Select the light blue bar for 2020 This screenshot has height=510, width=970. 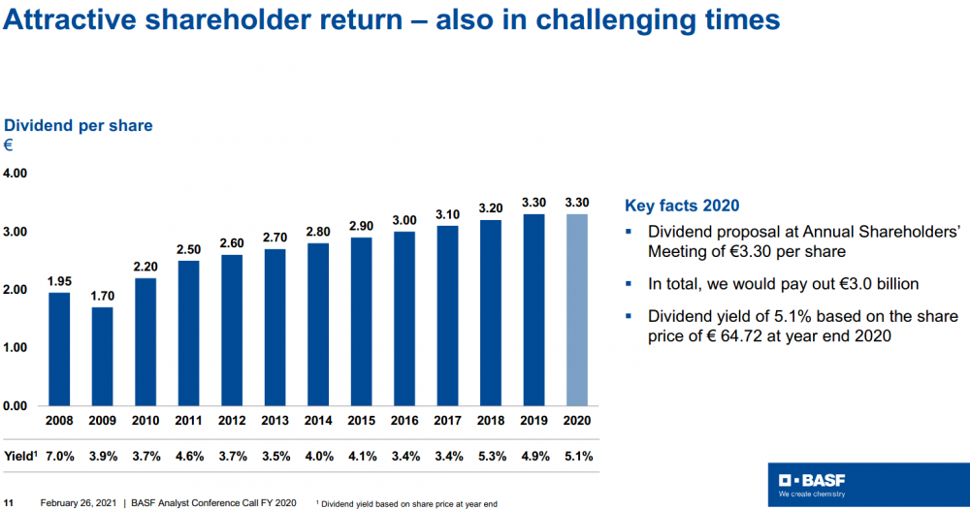[x=577, y=309]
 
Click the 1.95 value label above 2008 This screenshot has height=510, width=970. [x=59, y=281]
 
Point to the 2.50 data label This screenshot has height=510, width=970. [x=189, y=249]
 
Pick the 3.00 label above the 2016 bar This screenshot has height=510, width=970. [x=405, y=220]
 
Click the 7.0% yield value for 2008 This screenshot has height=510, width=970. [x=61, y=454]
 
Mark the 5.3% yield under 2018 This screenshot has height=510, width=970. [x=491, y=454]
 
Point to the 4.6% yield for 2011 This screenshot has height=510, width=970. [x=190, y=454]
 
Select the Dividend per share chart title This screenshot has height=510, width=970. [x=79, y=126]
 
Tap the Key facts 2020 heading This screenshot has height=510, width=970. [x=682, y=206]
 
